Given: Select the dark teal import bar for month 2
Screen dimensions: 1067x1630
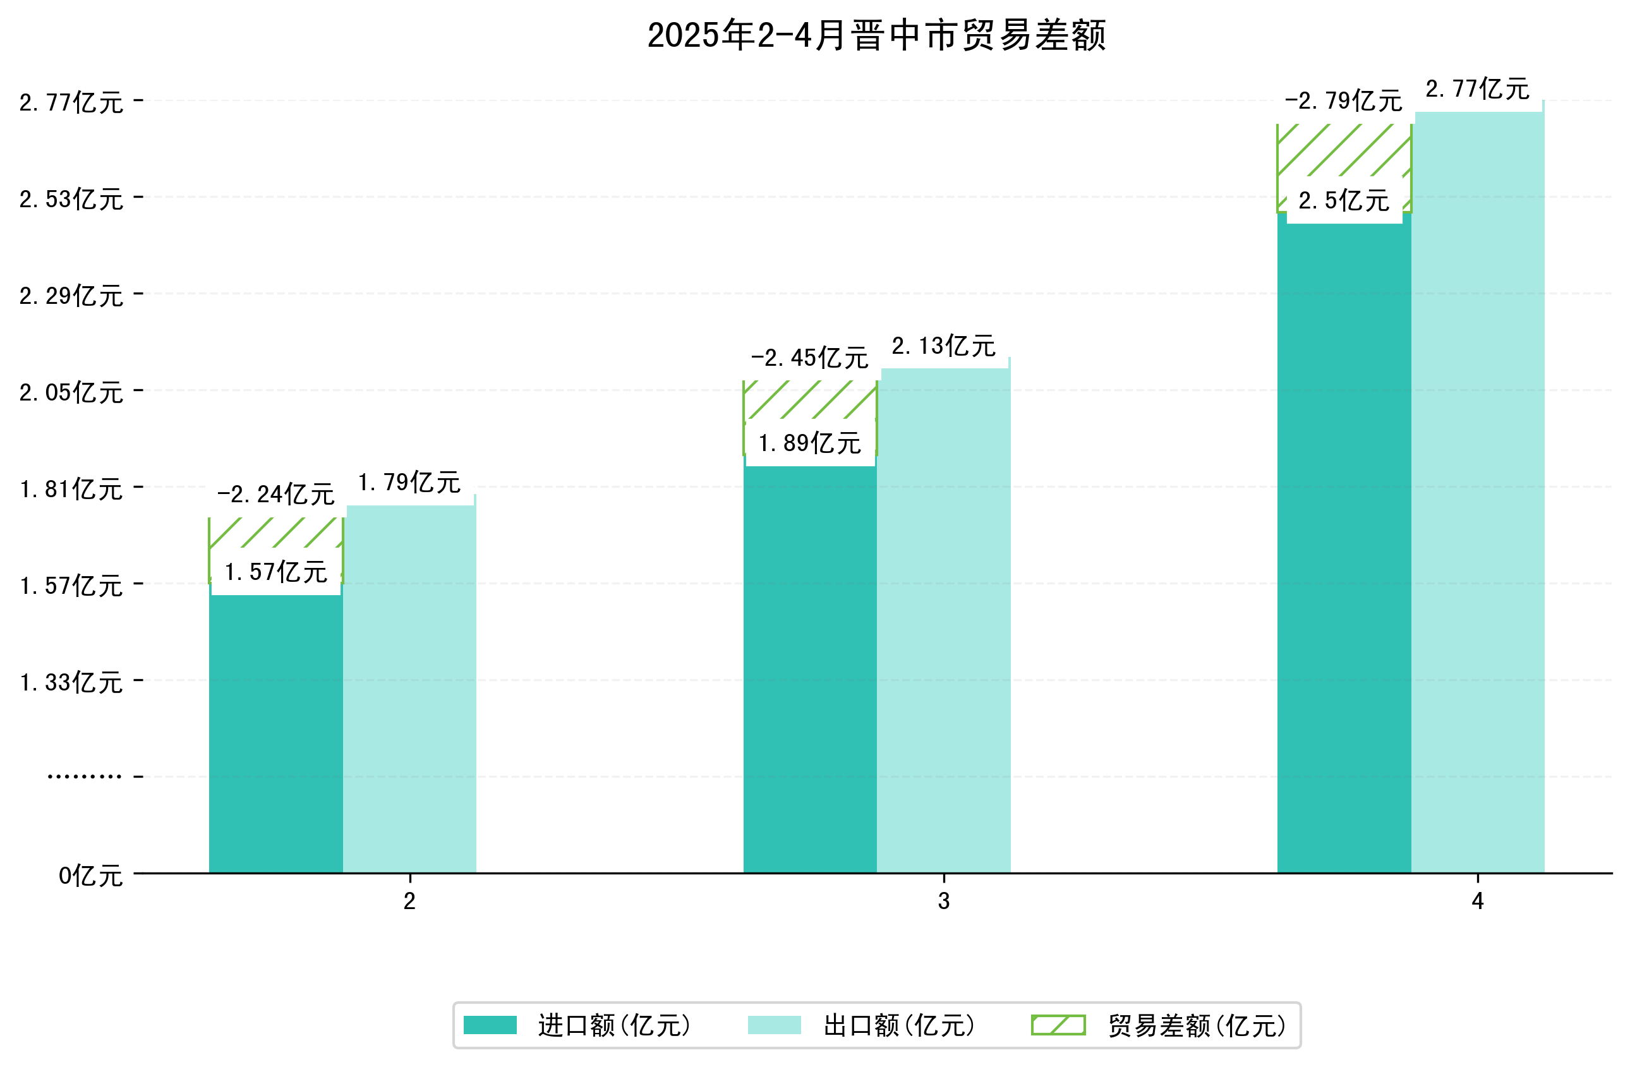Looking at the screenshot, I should tap(275, 733).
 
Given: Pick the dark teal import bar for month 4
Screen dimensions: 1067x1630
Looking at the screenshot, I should tap(1343, 548).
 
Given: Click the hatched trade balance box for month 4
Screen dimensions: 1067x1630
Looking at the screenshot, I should tap(1343, 150).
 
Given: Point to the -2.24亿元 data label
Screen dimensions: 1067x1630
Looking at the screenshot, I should tap(275, 495).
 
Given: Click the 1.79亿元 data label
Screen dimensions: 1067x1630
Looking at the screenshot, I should tap(409, 483).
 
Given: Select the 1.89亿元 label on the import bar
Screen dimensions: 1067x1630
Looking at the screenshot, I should tap(809, 443).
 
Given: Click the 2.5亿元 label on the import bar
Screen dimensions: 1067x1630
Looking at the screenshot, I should tap(1343, 201).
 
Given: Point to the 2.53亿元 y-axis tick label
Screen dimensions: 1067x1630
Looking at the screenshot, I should tap(71, 199).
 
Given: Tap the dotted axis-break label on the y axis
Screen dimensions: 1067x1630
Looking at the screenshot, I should tap(84, 776).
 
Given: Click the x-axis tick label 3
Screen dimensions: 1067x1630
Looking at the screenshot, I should tap(944, 901).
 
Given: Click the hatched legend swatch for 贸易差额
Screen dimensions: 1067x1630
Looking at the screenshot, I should tap(1058, 1025).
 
